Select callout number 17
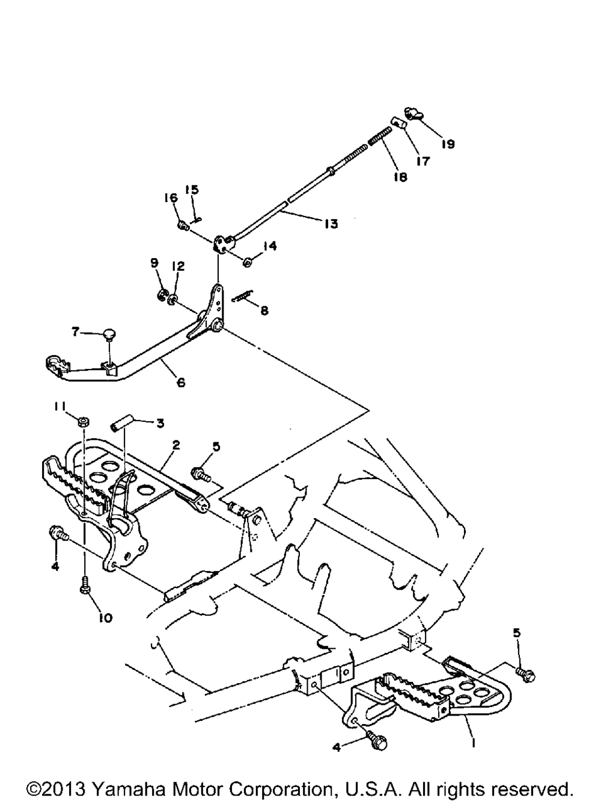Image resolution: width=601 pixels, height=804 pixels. [x=423, y=161]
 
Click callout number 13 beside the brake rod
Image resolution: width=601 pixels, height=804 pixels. [x=330, y=224]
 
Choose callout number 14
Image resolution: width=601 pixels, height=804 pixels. [x=270, y=246]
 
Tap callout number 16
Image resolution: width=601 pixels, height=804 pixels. [x=171, y=198]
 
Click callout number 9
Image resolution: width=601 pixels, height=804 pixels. [x=154, y=262]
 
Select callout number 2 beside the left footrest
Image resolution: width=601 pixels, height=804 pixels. [x=175, y=445]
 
